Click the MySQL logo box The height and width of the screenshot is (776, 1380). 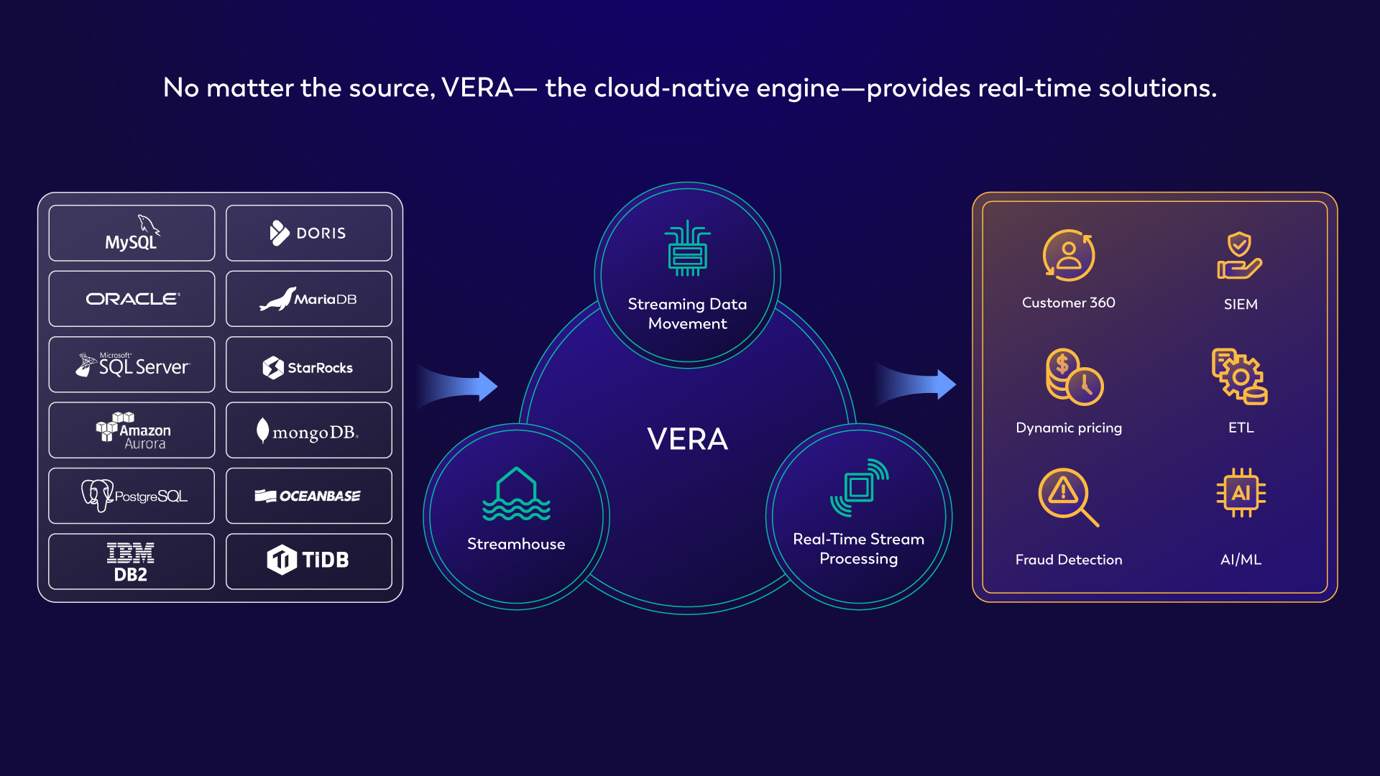coord(132,233)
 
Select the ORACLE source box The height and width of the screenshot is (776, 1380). coord(132,299)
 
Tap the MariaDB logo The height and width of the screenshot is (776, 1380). coord(308,299)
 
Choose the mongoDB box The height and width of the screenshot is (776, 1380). coord(308,430)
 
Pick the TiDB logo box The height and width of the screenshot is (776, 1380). coord(308,561)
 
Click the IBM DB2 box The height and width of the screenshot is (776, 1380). coord(132,561)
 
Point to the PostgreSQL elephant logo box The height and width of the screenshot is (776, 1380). coord(132,496)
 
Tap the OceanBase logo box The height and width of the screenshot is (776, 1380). coord(308,496)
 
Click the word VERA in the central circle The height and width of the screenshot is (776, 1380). coord(687,439)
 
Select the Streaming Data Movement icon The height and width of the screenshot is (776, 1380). coord(687,249)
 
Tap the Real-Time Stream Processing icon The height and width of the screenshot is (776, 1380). coord(859,488)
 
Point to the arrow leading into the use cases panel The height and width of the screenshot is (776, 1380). coord(916,384)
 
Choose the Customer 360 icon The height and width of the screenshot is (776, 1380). coord(1069,256)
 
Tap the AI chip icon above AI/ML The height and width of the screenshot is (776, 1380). coord(1241,493)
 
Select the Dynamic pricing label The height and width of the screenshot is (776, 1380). coord(1069,428)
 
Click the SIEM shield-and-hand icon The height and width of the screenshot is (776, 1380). coord(1239,256)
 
